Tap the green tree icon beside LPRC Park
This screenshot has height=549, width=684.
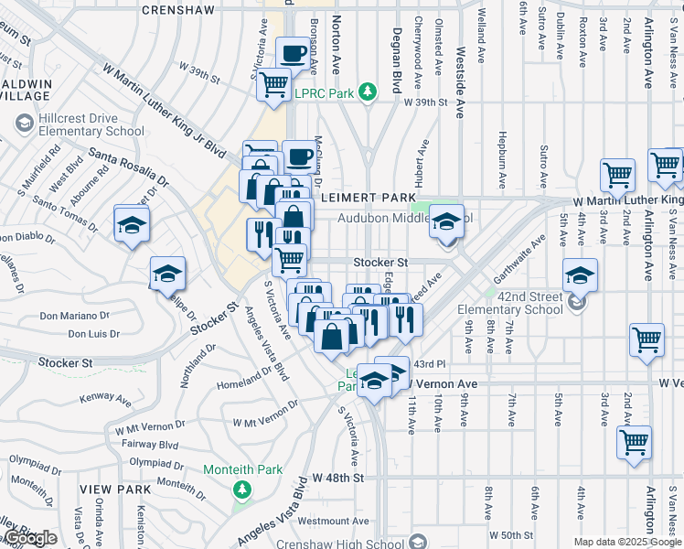pyautogui.click(x=367, y=91)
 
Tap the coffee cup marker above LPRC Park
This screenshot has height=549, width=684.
pyautogui.click(x=294, y=56)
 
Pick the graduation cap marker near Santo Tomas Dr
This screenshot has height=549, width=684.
pyautogui.click(x=132, y=225)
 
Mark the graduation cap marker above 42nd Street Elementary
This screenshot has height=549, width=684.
pyautogui.click(x=580, y=274)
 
